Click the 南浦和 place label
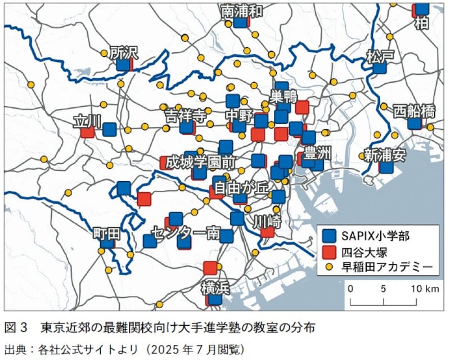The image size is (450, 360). [242, 11]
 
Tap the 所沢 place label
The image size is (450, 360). [124, 52]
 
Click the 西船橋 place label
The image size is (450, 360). [414, 111]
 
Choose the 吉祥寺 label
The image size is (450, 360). [184, 116]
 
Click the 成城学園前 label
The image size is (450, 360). [200, 161]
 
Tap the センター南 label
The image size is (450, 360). [185, 232]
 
